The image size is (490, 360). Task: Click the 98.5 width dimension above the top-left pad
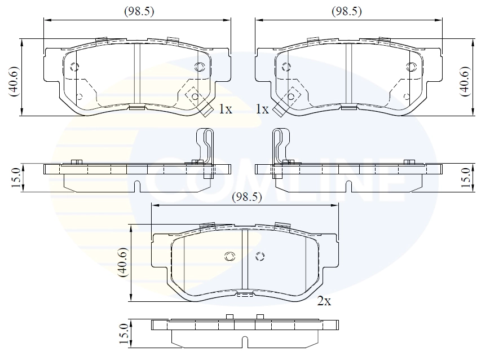(x=139, y=12)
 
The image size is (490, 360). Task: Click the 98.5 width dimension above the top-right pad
(x=347, y=12)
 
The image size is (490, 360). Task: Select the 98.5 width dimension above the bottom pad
(x=247, y=197)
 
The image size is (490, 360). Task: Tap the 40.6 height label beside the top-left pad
(x=14, y=81)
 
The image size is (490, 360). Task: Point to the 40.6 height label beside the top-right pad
(x=465, y=81)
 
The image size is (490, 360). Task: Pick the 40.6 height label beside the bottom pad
(x=122, y=262)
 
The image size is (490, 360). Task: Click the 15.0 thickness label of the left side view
(x=16, y=177)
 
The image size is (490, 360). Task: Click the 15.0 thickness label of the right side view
(x=465, y=177)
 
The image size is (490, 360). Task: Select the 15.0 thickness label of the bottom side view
(x=124, y=333)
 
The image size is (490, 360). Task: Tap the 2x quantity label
(x=324, y=301)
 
